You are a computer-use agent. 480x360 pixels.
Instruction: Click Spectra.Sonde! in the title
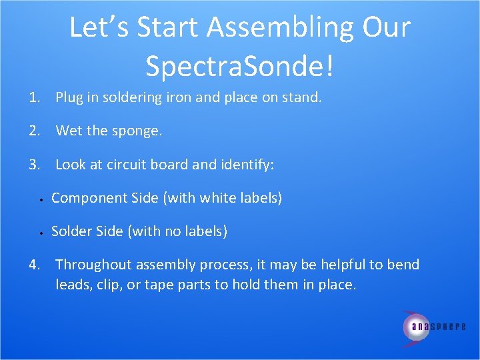pos(240,65)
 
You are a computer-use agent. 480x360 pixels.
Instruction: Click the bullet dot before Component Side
pos(41,199)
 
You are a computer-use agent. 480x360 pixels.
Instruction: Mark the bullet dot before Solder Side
pos(41,233)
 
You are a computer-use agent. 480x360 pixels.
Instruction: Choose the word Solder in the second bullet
pos(71,231)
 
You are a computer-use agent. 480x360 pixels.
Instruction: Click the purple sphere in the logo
pos(415,326)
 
